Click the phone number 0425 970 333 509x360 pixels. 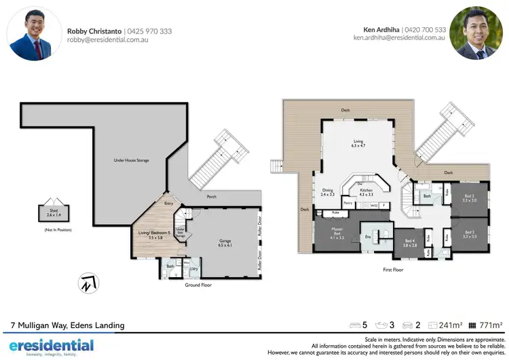[x=150, y=31]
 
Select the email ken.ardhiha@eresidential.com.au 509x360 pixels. [x=399, y=39]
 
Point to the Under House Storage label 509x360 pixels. [x=131, y=160]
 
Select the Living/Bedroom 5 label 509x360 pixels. [x=153, y=235]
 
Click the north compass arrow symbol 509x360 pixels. [x=87, y=284]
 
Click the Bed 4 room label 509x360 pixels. [x=409, y=242]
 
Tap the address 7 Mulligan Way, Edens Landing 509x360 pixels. [x=67, y=325]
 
